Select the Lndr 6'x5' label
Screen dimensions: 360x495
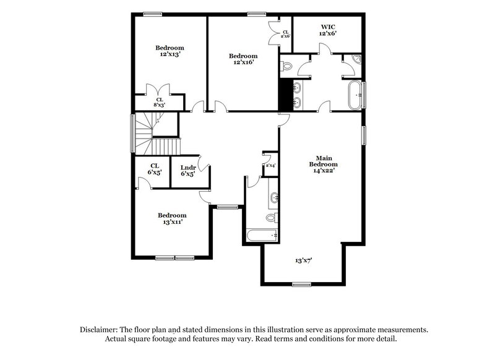(188, 171)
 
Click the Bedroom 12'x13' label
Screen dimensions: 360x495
(169, 51)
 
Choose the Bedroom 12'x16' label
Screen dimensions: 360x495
(243, 59)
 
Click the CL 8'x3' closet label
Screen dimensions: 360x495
(160, 102)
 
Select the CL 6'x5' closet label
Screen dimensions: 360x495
(155, 169)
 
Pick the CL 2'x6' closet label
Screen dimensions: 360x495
(285, 34)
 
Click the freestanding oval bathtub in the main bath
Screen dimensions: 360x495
(355, 95)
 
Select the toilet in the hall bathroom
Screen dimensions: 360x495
(270, 218)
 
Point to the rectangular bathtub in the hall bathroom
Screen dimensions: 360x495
(262, 236)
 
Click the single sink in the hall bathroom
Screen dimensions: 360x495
(273, 199)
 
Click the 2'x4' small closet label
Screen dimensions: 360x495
(270, 166)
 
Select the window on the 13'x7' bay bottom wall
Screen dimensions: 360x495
(301, 284)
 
